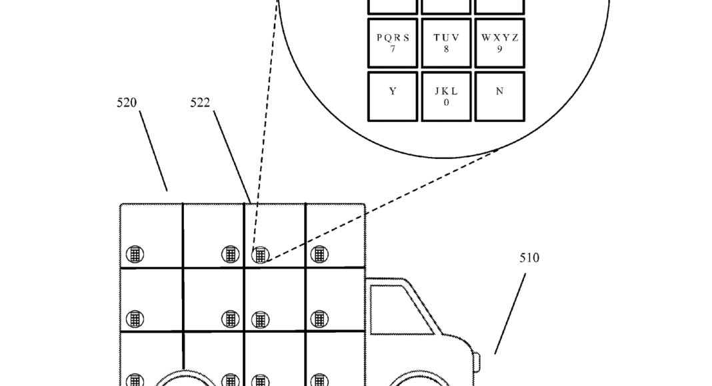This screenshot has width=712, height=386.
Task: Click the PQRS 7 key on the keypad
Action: [393, 43]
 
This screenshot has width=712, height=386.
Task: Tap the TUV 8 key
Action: [446, 43]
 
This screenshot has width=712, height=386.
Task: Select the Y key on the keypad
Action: [393, 96]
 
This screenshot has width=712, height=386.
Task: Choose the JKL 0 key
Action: [446, 96]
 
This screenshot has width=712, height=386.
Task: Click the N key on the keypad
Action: [499, 96]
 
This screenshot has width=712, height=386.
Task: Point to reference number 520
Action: [127, 103]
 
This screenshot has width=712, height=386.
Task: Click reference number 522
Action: [200, 103]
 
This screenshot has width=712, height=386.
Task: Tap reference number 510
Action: [529, 258]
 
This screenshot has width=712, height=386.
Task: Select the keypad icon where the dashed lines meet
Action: [260, 255]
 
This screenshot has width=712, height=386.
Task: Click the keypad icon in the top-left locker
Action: [135, 254]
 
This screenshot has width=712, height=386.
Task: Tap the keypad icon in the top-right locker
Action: [319, 254]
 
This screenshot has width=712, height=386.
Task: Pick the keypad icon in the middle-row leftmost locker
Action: [135, 319]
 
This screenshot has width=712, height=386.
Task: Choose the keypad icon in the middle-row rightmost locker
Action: [319, 319]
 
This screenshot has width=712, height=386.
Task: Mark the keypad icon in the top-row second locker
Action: [230, 254]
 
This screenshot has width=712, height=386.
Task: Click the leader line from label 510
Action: [510, 313]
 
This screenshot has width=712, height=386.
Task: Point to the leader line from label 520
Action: [153, 151]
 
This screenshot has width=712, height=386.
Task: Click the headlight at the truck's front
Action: [477, 361]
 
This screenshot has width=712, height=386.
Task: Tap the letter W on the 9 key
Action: [486, 38]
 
